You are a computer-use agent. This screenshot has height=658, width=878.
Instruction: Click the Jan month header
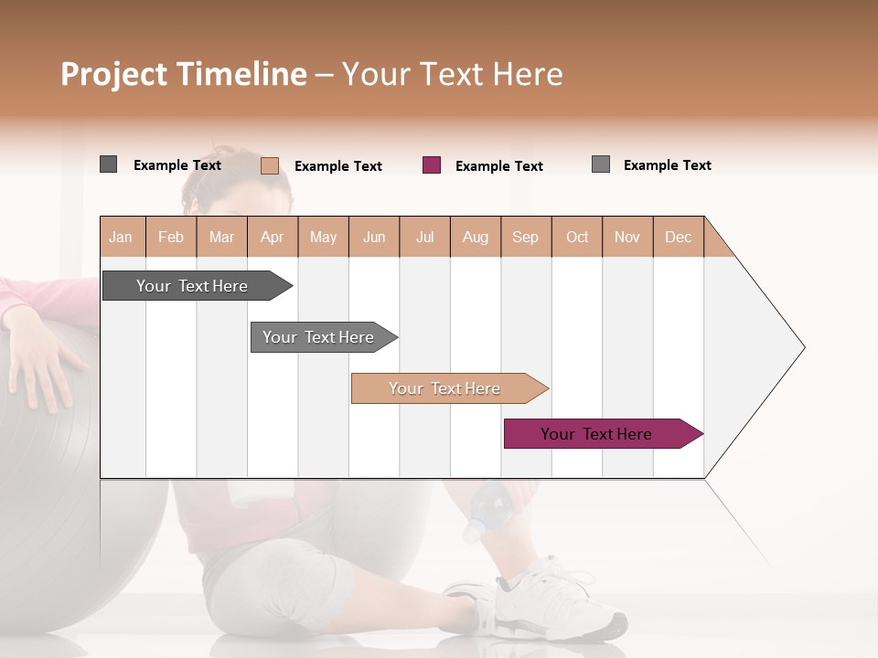pos(121,237)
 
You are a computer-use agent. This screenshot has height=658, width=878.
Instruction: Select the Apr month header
pos(273,237)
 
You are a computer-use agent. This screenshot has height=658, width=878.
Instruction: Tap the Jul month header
pos(424,237)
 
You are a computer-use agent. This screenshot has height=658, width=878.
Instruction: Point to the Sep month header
pos(525,237)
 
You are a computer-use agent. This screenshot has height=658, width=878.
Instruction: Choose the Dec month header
pos(678,237)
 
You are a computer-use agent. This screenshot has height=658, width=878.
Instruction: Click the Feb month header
pos(171,237)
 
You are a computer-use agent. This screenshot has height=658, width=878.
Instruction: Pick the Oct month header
pos(577,237)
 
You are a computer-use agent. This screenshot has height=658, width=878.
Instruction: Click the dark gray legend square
pos(109,164)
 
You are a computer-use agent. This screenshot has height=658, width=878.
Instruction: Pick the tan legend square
pos(270,165)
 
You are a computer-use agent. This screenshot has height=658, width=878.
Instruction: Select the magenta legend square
pos(432,165)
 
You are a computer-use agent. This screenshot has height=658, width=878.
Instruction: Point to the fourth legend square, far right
pos(601,164)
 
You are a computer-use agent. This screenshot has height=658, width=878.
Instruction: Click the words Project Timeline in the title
pos(184,74)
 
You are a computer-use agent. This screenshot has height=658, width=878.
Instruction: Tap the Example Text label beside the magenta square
pos(498,166)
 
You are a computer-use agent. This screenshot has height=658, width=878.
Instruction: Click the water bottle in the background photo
pos(485,512)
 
